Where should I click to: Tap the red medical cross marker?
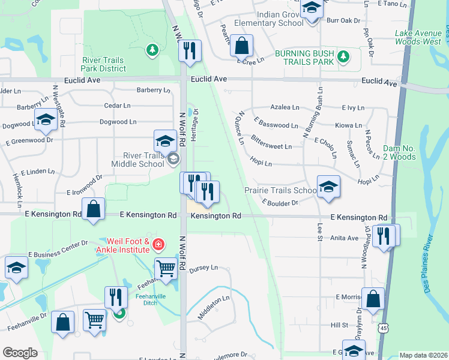point(158,244)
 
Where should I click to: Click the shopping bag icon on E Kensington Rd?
point(93,209)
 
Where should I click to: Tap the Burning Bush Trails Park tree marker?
point(343,58)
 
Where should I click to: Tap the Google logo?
point(20,353)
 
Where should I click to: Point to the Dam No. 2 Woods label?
point(398,152)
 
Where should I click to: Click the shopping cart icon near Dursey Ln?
point(166,269)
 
